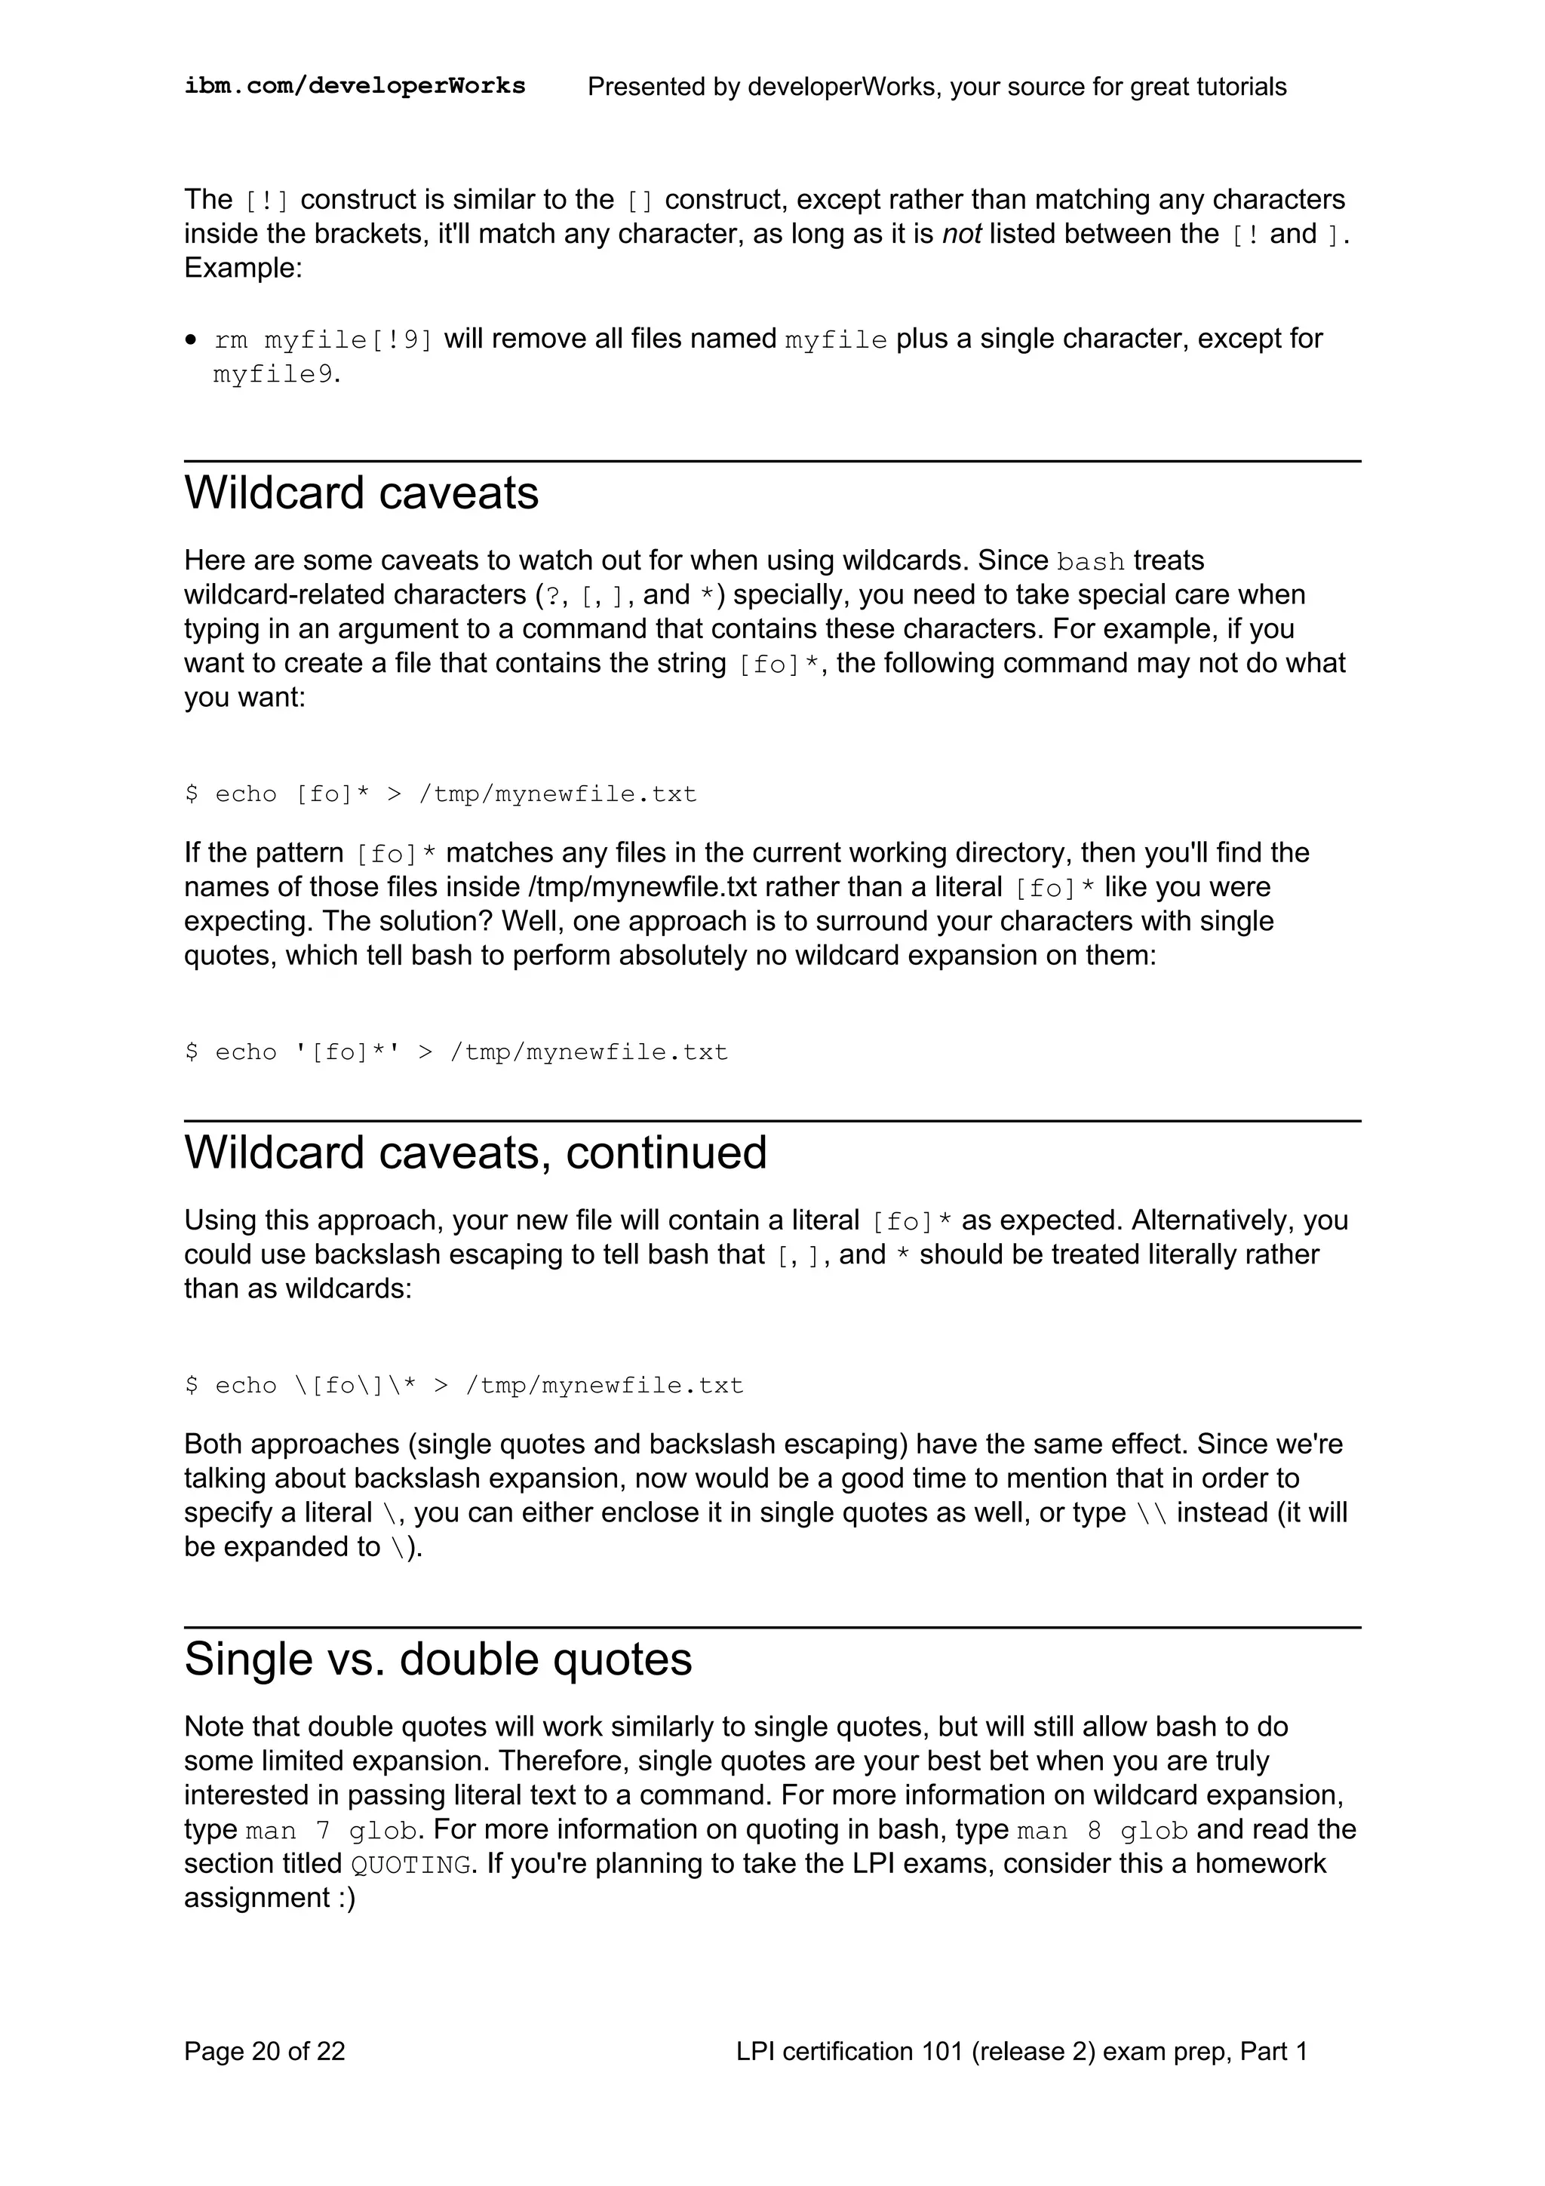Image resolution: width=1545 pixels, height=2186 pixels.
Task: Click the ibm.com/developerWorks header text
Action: click(x=354, y=86)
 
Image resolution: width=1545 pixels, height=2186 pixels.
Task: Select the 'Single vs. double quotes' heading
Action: click(x=438, y=1659)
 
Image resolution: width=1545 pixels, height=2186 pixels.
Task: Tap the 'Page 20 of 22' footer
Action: click(x=265, y=2051)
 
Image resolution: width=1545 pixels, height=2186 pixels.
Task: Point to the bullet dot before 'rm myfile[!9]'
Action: click(x=192, y=340)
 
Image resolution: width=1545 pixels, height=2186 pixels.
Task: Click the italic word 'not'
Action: click(x=961, y=234)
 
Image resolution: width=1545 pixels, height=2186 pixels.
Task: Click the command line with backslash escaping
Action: click(x=464, y=1385)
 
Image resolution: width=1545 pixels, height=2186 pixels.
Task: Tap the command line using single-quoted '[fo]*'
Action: click(x=456, y=1052)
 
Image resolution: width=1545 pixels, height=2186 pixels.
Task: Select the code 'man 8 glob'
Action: click(x=1102, y=1831)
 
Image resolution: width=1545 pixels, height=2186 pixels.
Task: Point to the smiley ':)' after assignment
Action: click(x=345, y=1899)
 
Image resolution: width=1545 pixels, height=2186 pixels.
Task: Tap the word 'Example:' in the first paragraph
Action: click(x=243, y=269)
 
